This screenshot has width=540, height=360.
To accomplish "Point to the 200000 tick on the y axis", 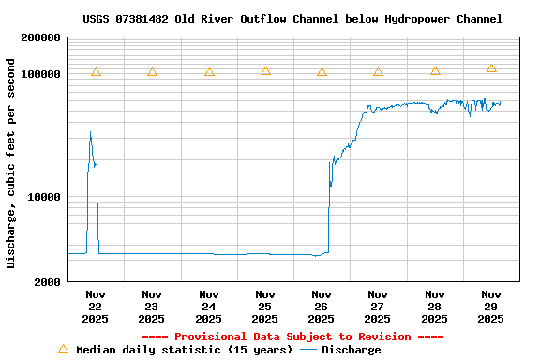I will click(40, 37).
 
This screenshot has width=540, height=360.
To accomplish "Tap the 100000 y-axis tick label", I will click(40, 74).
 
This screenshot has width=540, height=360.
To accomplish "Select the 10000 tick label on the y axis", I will click(44, 197).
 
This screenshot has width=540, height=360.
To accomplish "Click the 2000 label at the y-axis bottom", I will click(48, 282).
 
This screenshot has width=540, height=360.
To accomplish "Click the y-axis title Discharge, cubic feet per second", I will click(11, 163).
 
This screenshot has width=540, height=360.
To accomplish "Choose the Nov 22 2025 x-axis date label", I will click(96, 307).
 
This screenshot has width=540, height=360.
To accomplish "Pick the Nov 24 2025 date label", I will click(209, 307).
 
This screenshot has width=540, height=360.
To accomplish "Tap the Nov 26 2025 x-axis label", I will click(322, 307).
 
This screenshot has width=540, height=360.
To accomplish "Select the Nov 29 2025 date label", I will click(491, 307).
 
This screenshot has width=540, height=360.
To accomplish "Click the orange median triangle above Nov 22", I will click(96, 72).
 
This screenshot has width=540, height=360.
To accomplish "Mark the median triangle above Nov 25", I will click(265, 71).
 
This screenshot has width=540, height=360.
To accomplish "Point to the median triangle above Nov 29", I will click(491, 68).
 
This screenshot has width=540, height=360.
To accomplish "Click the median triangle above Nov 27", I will click(378, 72).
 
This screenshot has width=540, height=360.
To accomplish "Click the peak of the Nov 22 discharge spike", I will click(90, 132).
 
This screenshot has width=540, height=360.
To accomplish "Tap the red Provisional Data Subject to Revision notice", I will click(292, 337).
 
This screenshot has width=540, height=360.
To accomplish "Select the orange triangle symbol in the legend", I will click(63, 349).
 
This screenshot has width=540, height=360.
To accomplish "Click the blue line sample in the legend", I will click(307, 351).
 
